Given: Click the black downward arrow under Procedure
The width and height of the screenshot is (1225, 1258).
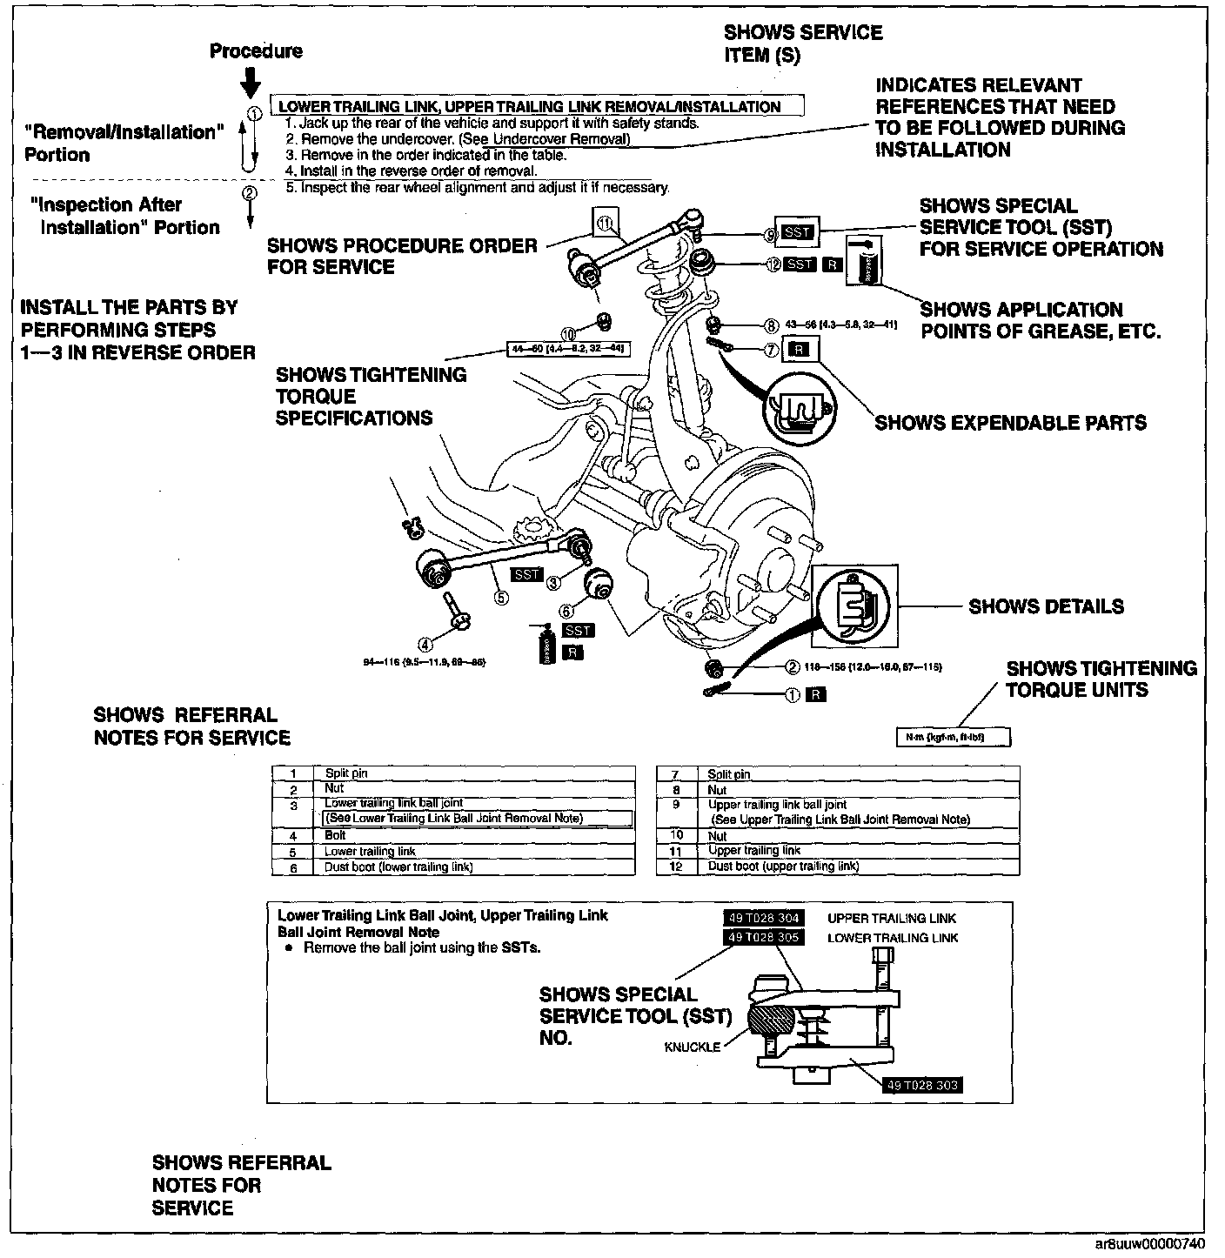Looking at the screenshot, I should [251, 82].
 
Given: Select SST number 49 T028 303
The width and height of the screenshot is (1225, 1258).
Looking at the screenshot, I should [922, 1085].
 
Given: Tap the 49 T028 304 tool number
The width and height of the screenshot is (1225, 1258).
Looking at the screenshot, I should [764, 918].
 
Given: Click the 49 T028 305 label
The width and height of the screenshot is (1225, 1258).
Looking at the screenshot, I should [764, 937].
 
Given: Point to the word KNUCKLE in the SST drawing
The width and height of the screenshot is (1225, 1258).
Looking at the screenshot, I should [693, 1047].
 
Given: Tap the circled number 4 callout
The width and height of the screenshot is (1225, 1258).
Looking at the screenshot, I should [425, 644].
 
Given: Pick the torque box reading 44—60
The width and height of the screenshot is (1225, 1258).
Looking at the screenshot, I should [567, 349].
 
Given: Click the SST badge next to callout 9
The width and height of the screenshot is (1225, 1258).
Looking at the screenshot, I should [797, 232].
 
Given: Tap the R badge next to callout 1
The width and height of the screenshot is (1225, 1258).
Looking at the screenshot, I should [816, 694].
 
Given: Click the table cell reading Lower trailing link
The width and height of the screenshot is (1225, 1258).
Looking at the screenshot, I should [370, 851].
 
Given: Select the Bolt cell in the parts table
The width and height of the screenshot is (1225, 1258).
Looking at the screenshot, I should [335, 835].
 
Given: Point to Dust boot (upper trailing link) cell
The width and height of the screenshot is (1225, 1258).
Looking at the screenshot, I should [783, 867].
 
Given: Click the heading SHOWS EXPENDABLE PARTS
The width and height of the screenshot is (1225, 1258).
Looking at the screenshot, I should [1011, 423].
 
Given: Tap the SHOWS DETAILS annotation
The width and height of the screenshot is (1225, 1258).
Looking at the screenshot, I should [1046, 606].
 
